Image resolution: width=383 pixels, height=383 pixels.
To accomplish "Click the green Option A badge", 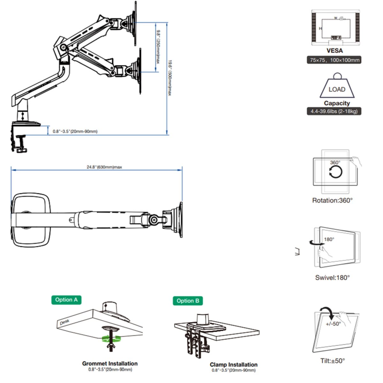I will point(66,300).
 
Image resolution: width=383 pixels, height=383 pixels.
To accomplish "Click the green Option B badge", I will point(188,301).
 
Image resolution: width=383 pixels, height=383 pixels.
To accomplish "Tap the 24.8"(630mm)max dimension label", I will point(104,167).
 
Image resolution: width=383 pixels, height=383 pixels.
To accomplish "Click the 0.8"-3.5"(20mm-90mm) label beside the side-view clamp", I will point(75,131).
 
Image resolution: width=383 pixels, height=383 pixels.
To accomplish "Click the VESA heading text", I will point(334,50).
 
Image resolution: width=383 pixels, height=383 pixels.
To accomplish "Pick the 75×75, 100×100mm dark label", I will point(334,60).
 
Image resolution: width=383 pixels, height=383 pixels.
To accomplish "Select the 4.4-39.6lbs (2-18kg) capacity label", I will point(334,111).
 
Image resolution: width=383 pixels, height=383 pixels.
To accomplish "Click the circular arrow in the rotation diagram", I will point(335,172).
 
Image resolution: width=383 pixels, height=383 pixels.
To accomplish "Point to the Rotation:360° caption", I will point(332,200).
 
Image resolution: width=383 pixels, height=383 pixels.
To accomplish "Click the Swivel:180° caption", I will point(332,278).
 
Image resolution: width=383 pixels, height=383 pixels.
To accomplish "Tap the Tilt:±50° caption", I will point(333,361).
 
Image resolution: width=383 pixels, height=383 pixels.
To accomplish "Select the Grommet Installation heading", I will point(110,364).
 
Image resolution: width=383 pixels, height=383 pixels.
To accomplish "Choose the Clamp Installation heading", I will point(233,364).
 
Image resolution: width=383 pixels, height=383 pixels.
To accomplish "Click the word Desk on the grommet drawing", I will point(64,322).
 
